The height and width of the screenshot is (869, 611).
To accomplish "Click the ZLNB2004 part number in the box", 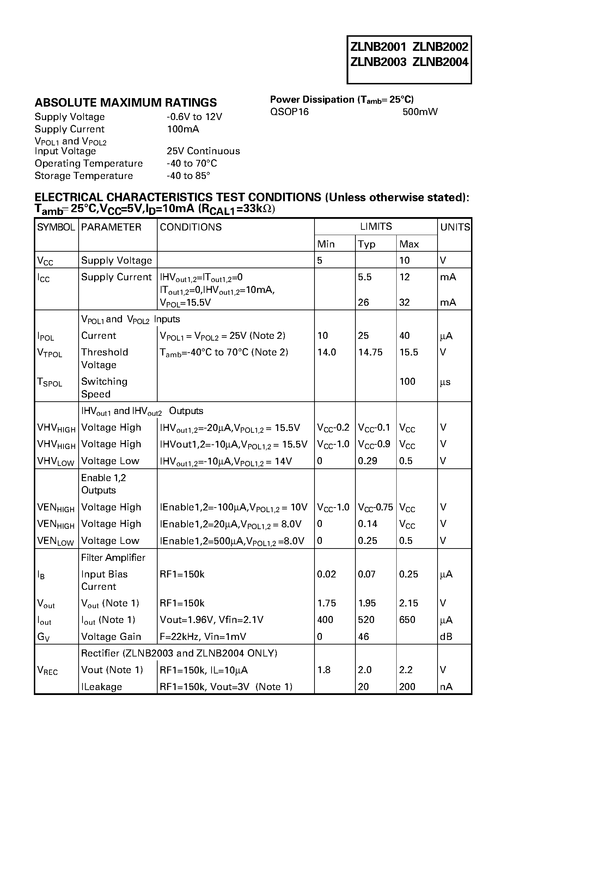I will [440, 62].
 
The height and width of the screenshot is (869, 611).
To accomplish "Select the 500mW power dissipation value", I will [420, 112].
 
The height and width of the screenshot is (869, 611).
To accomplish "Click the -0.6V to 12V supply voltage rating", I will [194, 117].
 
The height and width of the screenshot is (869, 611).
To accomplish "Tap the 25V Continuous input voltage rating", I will [203, 151].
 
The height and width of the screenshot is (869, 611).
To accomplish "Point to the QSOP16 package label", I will [289, 112].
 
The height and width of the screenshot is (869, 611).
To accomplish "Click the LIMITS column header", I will [375, 226].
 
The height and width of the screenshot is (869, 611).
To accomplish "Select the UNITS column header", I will [455, 227].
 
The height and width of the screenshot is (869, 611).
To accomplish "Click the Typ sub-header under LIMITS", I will [366, 244].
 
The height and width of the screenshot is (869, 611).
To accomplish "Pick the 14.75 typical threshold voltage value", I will [370, 352].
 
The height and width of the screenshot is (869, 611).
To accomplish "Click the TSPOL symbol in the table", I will [49, 382].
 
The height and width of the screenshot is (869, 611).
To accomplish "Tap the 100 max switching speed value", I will [407, 382].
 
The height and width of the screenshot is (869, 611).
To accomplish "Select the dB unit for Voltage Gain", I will [446, 637].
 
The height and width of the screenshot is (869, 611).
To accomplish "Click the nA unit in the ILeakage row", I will [446, 687].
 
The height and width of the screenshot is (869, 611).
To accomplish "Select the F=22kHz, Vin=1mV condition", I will [203, 637].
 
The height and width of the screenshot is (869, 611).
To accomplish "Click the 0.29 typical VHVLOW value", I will [367, 461].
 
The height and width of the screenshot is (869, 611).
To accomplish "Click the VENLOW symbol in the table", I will [55, 541].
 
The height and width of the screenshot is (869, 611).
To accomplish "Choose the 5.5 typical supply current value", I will [365, 277].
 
